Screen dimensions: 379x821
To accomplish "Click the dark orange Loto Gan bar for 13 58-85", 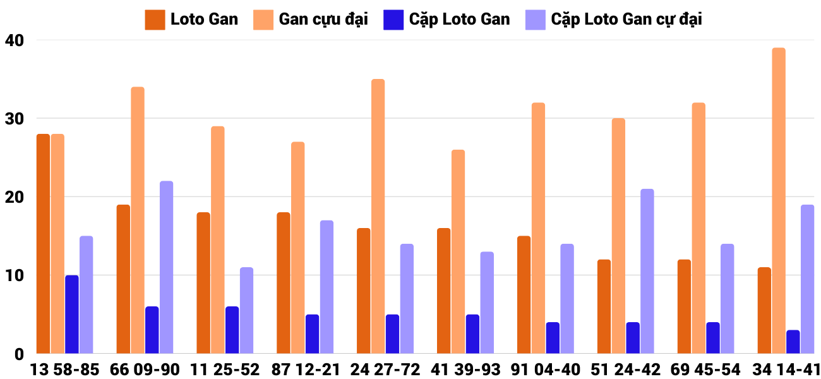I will (x=43, y=244).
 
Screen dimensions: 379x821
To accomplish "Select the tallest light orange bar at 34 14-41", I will (x=779, y=201).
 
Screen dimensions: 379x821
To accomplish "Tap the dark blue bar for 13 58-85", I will (x=72, y=315).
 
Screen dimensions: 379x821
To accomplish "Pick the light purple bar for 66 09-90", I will (x=166, y=267).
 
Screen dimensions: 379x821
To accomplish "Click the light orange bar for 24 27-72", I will (x=378, y=216).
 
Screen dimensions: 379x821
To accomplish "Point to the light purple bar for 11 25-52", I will (x=246, y=311).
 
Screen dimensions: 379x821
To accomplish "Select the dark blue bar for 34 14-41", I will (x=793, y=342).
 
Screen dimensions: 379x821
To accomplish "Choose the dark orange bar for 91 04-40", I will (x=524, y=295).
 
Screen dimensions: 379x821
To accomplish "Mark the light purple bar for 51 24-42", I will (x=647, y=272).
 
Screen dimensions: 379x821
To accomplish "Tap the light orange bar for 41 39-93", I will (x=458, y=251).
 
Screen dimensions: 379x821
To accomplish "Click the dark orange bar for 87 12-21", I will (x=284, y=283).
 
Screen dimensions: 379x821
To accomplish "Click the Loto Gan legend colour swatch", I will (x=155, y=20).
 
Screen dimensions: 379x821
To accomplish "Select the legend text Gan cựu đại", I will (x=323, y=20).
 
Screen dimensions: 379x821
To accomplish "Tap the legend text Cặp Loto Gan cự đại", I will (x=626, y=20).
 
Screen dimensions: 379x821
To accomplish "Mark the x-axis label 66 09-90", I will (x=145, y=370).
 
